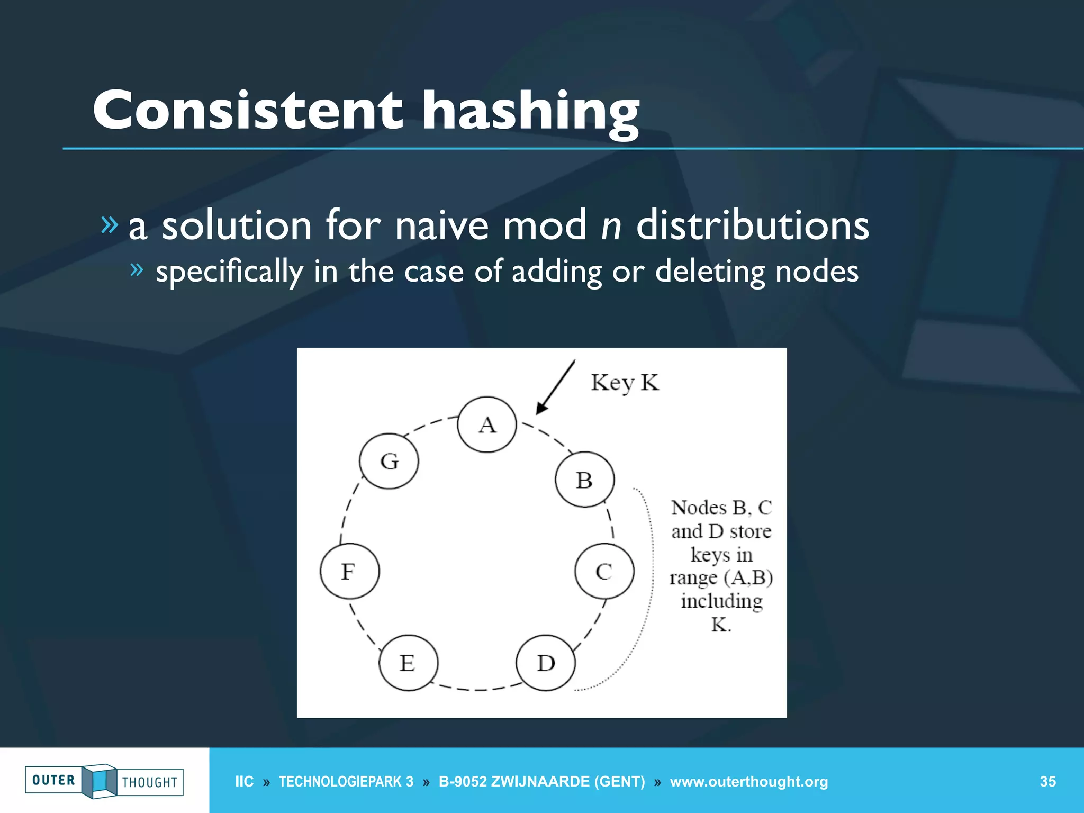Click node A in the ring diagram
tap(487, 424)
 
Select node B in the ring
tap(584, 480)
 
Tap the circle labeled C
tap(604, 571)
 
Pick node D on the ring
tap(546, 663)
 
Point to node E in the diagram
tap(408, 663)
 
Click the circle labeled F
tap(349, 571)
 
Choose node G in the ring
tap(389, 461)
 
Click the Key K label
tap(625, 383)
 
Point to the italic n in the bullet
tap(611, 226)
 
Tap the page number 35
tap(1047, 782)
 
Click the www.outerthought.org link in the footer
tap(748, 782)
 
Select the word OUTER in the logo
tap(53, 780)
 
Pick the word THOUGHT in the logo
tap(150, 782)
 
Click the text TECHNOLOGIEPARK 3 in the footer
tap(346, 782)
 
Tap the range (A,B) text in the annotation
tap(721, 577)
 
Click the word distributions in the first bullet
tap(752, 226)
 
